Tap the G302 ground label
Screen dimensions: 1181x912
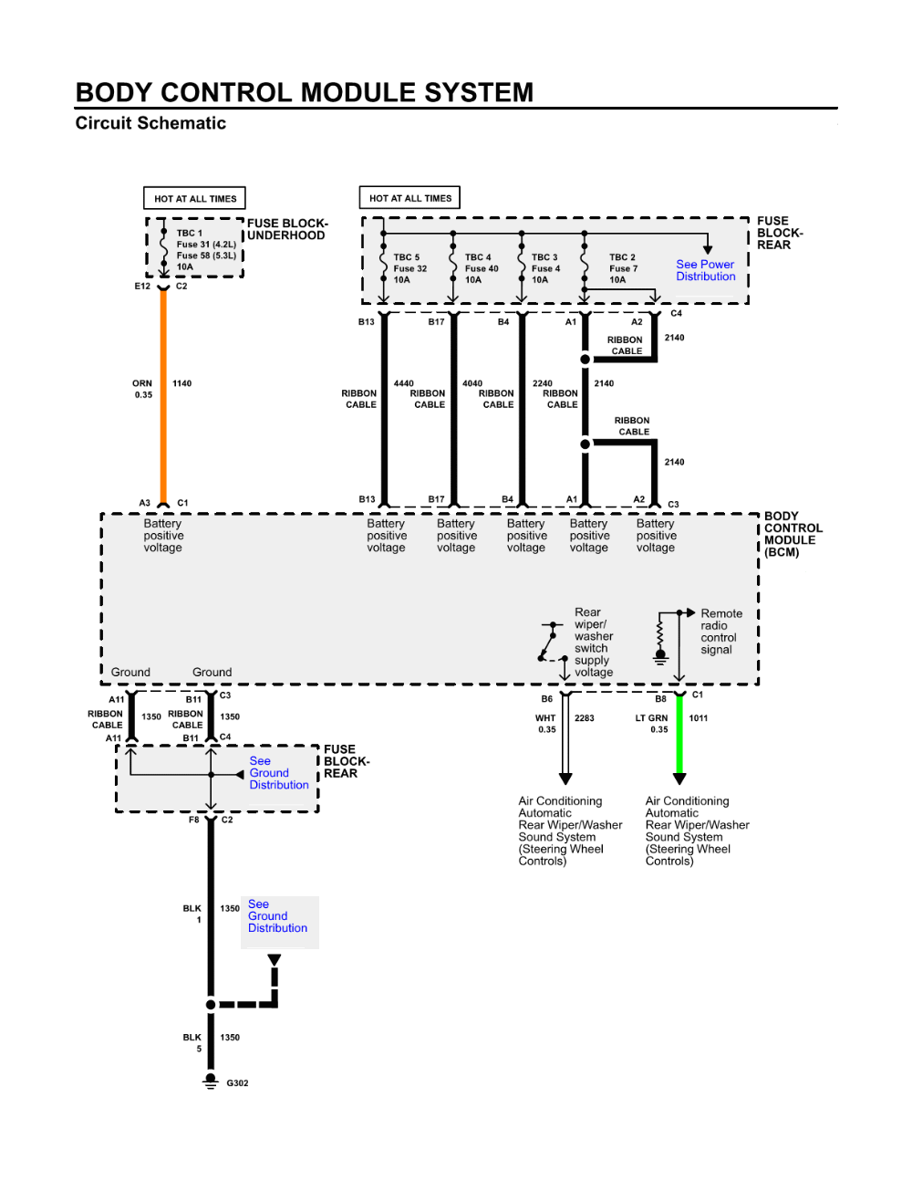coord(237,1083)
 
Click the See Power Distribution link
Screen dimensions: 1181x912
coord(705,270)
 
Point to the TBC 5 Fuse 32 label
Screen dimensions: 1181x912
coord(409,268)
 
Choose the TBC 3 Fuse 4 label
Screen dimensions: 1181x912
coord(545,268)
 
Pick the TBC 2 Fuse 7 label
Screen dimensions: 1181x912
coord(623,268)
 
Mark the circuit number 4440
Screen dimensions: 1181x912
coord(403,383)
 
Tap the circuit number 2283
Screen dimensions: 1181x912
coord(585,718)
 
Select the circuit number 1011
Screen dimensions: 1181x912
coord(699,718)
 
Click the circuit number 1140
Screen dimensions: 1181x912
coord(182,383)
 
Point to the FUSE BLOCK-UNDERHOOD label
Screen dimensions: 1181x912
coord(286,229)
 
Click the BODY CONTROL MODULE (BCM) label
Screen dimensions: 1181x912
coord(793,534)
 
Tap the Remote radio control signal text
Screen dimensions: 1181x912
coord(720,632)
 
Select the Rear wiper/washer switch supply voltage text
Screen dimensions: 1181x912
coord(594,643)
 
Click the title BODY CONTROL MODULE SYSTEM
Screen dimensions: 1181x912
coord(305,92)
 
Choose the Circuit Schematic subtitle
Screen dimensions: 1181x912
coord(150,123)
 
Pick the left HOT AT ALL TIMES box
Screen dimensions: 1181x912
coord(195,198)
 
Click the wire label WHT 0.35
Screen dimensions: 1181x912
coord(545,724)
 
